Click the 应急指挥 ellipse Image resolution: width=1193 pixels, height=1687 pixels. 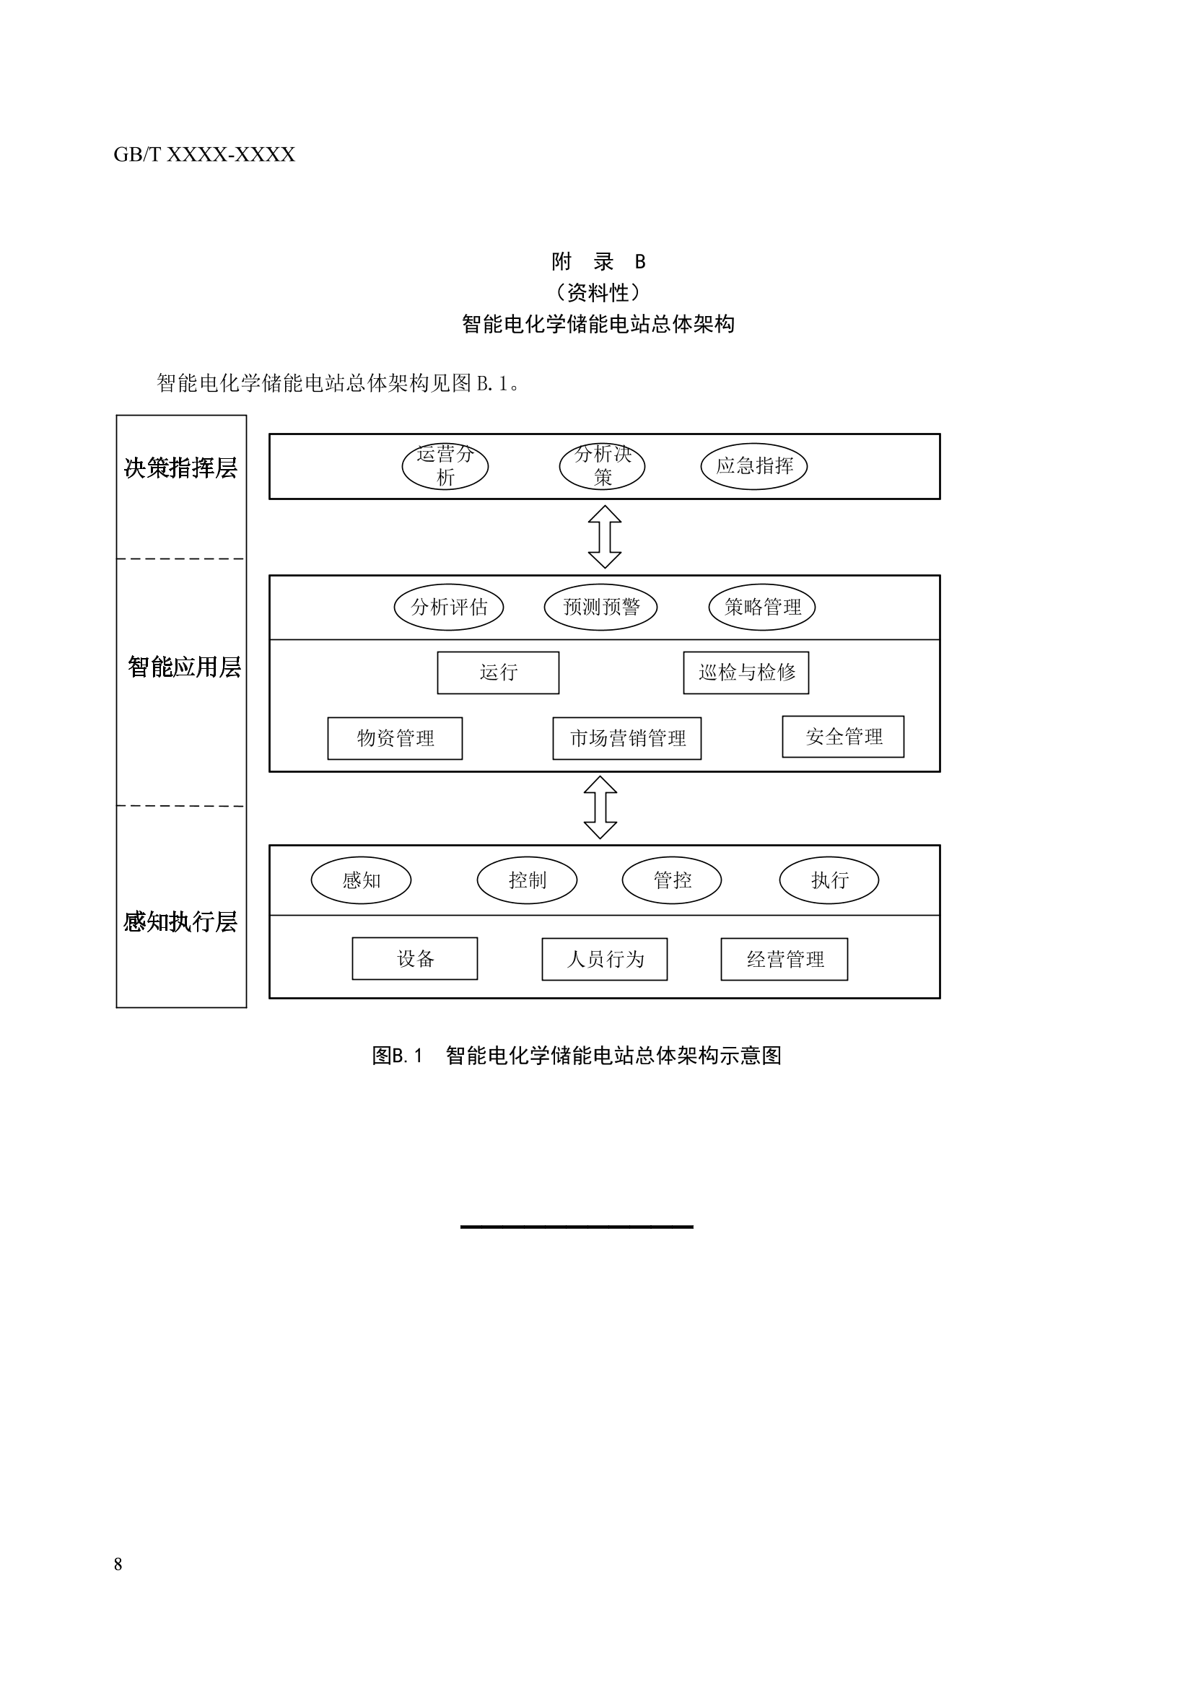click(x=753, y=466)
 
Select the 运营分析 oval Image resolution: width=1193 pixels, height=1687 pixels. click(x=445, y=466)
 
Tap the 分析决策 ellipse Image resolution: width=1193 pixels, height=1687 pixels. click(x=602, y=466)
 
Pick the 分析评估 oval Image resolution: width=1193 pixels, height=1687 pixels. click(x=448, y=607)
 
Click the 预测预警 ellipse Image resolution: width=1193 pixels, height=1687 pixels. click(x=600, y=607)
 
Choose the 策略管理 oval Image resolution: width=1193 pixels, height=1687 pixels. click(x=761, y=607)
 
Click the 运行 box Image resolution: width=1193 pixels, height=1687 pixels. click(x=498, y=672)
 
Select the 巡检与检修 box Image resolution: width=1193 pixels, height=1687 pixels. click(x=746, y=672)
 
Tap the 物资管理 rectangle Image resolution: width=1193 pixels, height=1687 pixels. click(x=395, y=737)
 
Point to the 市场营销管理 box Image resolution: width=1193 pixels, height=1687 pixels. click(x=626, y=737)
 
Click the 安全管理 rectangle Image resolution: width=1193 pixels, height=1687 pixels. click(x=842, y=736)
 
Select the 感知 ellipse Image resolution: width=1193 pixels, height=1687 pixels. click(x=361, y=880)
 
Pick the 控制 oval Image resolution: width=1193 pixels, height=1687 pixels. click(x=527, y=880)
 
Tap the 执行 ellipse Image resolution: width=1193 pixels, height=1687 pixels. click(x=829, y=880)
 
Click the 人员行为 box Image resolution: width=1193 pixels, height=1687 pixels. click(x=604, y=959)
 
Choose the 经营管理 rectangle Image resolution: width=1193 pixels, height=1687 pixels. click(x=784, y=959)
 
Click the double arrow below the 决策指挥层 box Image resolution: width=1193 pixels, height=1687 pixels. click(x=604, y=536)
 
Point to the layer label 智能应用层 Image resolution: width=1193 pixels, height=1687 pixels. click(x=184, y=667)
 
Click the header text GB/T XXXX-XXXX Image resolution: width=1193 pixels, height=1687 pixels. click(x=204, y=154)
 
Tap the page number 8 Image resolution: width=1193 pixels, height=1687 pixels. click(x=118, y=1564)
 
